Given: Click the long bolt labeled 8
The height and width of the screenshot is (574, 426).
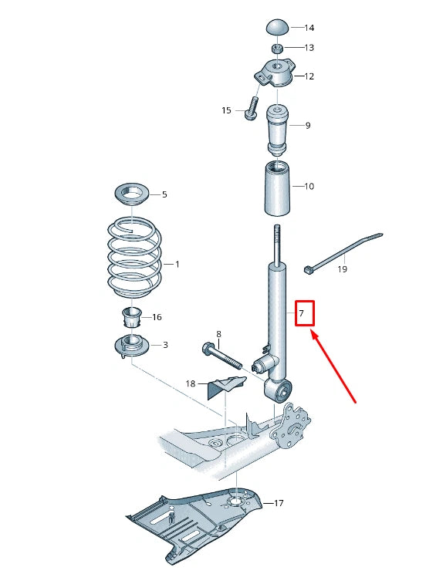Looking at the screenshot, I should click(x=224, y=356).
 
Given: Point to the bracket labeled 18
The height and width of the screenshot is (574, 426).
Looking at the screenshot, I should click(x=221, y=386).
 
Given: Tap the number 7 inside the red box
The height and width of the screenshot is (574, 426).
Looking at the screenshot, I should click(x=303, y=314).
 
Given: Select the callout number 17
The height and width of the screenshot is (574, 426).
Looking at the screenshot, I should click(x=278, y=503).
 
